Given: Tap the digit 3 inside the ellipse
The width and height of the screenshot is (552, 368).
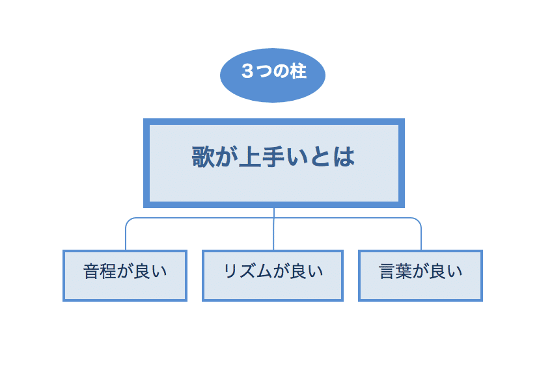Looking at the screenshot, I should [x=247, y=72].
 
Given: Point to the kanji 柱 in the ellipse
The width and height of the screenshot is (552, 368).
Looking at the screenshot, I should [x=299, y=72].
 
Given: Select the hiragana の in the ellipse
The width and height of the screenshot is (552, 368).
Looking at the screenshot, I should [x=281, y=72].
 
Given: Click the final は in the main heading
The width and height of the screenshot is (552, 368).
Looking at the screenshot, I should [x=344, y=157].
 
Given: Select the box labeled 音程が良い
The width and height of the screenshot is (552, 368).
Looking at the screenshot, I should [x=125, y=276].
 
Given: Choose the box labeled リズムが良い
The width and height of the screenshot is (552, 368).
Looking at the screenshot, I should [x=273, y=276].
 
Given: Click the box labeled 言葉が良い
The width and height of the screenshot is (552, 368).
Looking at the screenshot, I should [x=421, y=276].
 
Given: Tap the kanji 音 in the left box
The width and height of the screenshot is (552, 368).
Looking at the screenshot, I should [x=92, y=271].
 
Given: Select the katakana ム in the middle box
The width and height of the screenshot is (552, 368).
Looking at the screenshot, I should [x=264, y=271].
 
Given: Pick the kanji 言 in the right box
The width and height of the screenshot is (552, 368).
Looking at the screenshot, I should [x=387, y=271].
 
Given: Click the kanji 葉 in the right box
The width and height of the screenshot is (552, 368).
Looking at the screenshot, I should [x=404, y=271].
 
